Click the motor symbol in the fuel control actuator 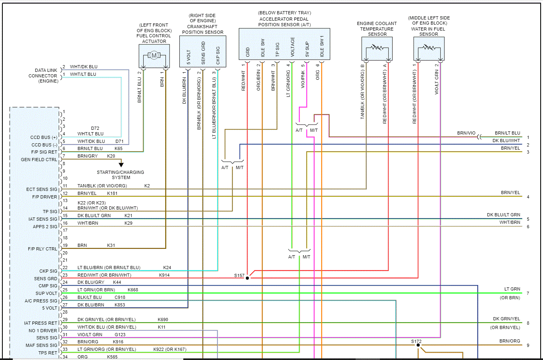(x=154, y=56)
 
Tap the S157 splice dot (x=247, y=278)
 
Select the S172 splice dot (x=418, y=345)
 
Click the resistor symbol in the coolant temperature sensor (x=377, y=48)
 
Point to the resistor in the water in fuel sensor (x=429, y=48)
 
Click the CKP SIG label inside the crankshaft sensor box (x=218, y=55)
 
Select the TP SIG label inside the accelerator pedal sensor (x=277, y=50)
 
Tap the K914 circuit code (x=164, y=275)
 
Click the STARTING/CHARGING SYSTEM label (x=121, y=175)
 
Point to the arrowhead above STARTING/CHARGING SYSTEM (x=121, y=165)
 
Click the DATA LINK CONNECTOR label (x=43, y=75)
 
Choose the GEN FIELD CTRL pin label (x=39, y=160)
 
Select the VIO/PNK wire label (x=303, y=79)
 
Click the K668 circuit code (x=133, y=290)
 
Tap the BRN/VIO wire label (x=466, y=133)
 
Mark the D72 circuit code (x=95, y=128)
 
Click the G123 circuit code (x=120, y=335)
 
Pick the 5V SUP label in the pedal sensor (x=307, y=49)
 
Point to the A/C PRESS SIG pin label (x=41, y=301)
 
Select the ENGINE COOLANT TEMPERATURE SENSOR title (x=377, y=29)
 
